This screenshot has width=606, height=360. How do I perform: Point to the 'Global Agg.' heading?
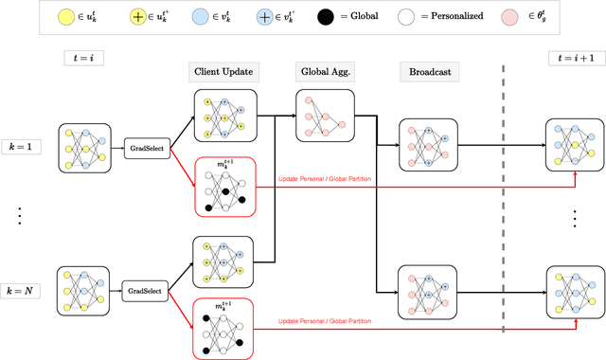tap(323, 72)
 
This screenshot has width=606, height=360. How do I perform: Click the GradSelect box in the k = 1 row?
tap(148, 146)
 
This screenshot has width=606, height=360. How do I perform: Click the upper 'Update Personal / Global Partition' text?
tap(324, 179)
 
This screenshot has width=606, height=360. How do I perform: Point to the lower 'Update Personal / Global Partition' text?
tap(324, 321)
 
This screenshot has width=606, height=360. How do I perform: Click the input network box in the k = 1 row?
tap(84, 146)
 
